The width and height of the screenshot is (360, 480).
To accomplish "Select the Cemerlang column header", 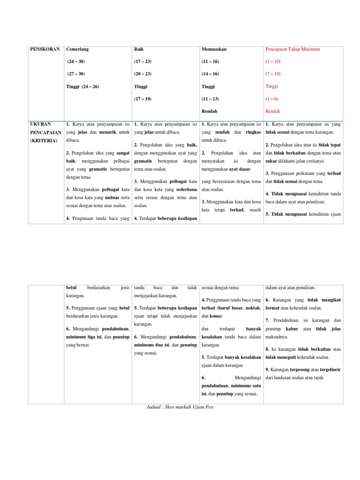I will [77, 49].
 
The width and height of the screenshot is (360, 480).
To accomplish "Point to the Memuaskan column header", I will [214, 49].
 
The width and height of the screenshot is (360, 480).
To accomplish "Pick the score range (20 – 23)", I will [142, 74].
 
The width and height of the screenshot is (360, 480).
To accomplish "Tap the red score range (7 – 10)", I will [273, 74].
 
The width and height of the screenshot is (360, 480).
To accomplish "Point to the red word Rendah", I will [273, 111].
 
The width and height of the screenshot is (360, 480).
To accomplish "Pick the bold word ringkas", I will [253, 132].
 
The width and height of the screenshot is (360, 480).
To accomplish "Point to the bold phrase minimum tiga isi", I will [84, 337].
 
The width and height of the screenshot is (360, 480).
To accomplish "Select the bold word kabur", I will [292, 329].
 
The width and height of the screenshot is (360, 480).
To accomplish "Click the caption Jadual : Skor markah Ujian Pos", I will [180, 407].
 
